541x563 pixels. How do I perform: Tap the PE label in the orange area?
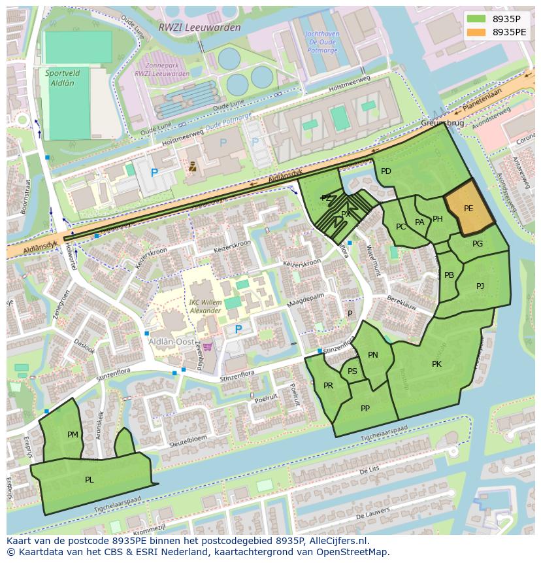pyautogui.click(x=468, y=209)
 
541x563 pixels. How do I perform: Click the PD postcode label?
pyautogui.click(x=385, y=171)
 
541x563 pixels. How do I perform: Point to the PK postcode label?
pyautogui.click(x=436, y=364)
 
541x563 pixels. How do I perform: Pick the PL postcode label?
pyautogui.click(x=89, y=479)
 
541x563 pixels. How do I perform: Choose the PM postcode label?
pyautogui.click(x=73, y=434)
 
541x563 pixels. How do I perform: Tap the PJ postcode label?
pyautogui.click(x=480, y=286)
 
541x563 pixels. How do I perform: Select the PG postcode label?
pyautogui.click(x=478, y=244)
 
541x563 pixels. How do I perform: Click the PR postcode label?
pyautogui.click(x=328, y=386)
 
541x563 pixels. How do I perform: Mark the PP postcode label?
pyautogui.click(x=365, y=409)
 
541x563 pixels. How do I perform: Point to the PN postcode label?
pyautogui.click(x=372, y=355)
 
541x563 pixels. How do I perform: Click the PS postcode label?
pyautogui.click(x=352, y=371)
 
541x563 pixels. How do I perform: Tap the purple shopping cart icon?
pyautogui.click(x=208, y=347)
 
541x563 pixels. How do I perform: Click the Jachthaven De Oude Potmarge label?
pyautogui.click(x=321, y=43)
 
